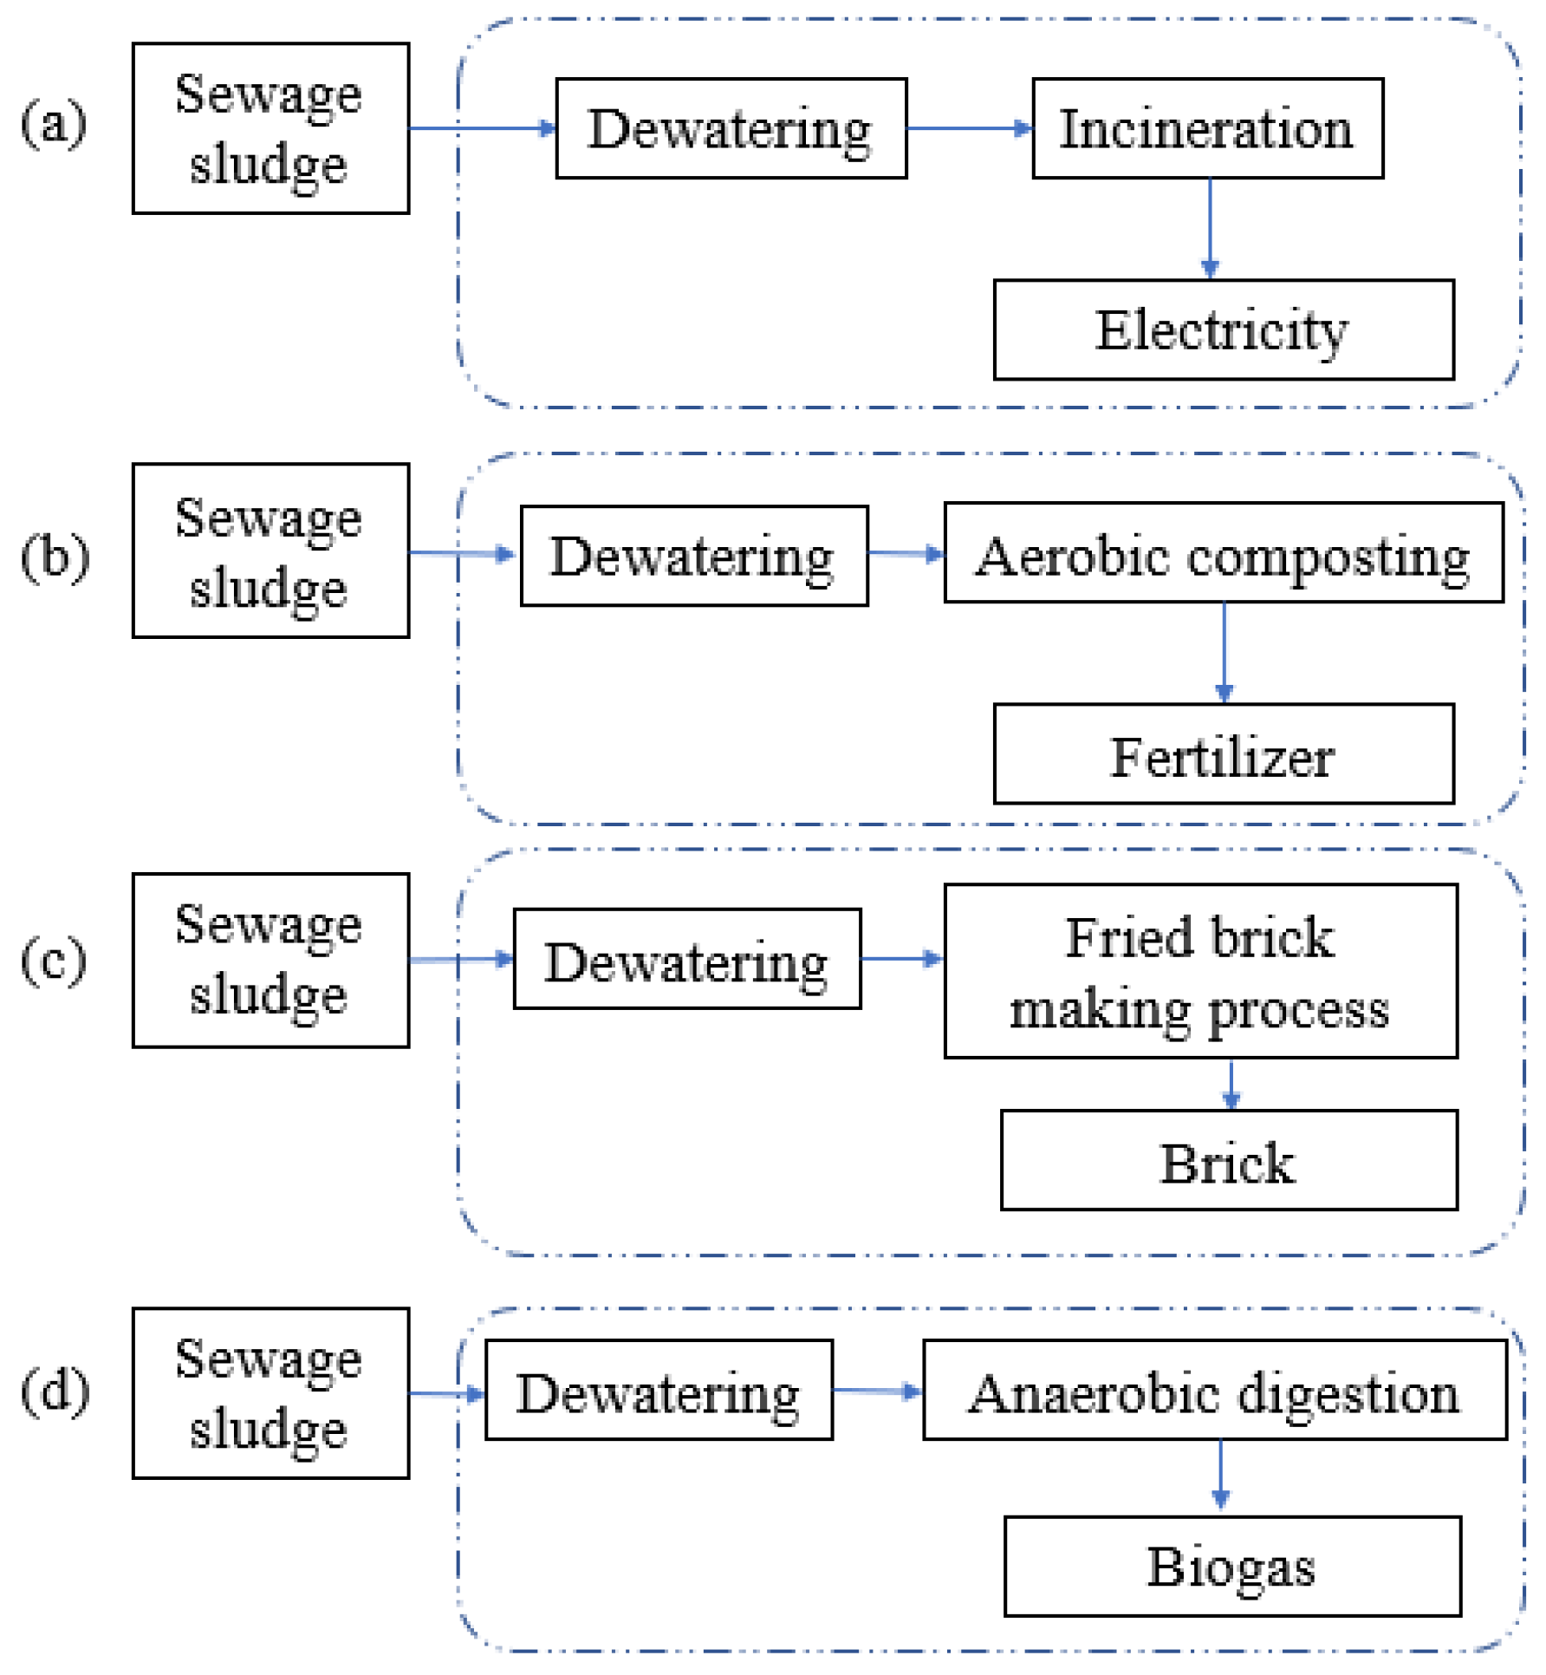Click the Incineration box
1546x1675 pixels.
click(x=1207, y=128)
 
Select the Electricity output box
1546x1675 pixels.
click(x=1223, y=329)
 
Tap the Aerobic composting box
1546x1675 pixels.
click(x=1223, y=553)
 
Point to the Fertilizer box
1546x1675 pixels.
click(x=1223, y=754)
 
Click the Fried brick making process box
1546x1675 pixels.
click(x=1200, y=971)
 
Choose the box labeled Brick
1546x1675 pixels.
click(x=1228, y=1160)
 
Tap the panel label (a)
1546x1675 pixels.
click(x=54, y=123)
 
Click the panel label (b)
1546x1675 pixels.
click(x=55, y=556)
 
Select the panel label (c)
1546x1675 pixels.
click(x=54, y=961)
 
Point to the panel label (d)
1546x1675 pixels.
click(x=55, y=1391)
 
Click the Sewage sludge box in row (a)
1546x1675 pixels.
click(x=270, y=128)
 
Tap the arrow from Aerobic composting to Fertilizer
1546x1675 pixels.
click(x=1224, y=652)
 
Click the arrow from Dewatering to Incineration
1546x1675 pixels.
click(x=969, y=128)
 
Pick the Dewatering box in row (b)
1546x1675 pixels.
click(x=693, y=556)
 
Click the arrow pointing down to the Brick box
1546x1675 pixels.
click(x=1231, y=1084)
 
